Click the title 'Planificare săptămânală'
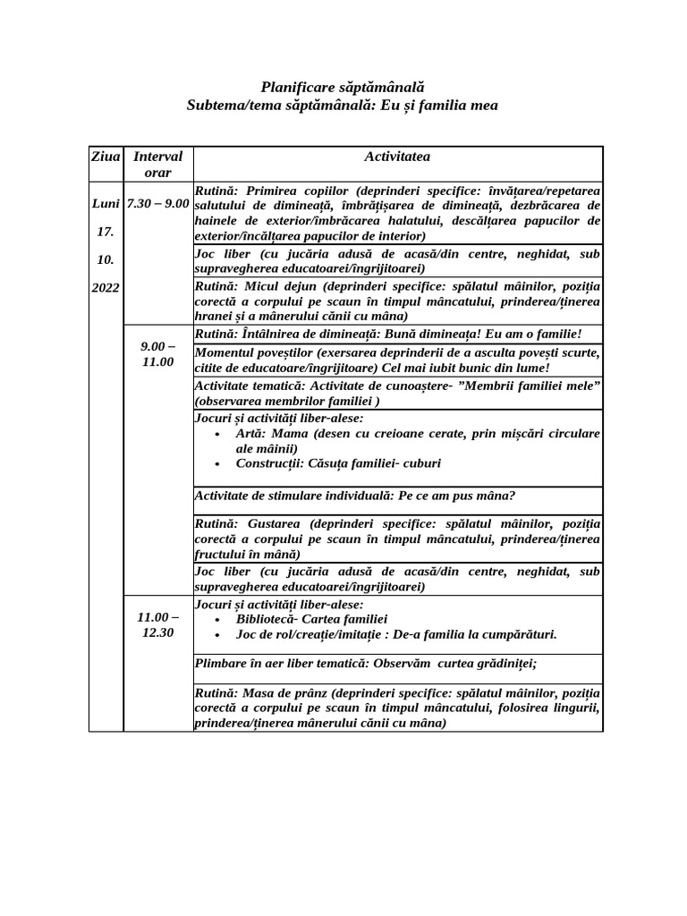pos(343,87)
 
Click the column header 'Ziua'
pos(105,157)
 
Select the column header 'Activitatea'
pos(397,157)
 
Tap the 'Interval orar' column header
pos(157,165)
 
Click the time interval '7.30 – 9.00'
pos(157,203)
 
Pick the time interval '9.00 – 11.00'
pos(157,354)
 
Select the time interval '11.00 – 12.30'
pos(157,624)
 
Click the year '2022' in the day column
pos(105,287)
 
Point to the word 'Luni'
pos(106,203)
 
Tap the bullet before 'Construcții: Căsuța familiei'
pos(219,463)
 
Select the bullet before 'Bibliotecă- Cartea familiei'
pos(219,619)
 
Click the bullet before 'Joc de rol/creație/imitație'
pos(219,635)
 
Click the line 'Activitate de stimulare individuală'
pos(354,496)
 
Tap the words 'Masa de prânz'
pos(283,693)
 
